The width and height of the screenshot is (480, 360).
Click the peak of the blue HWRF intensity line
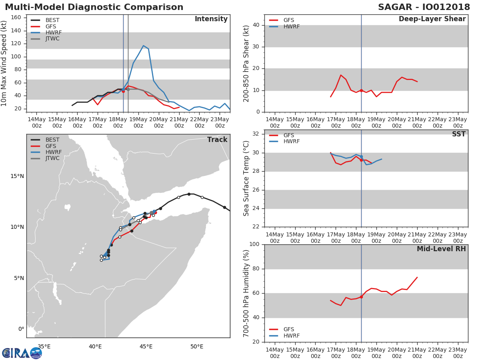click(x=144, y=46)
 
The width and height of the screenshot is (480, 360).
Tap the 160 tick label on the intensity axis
click(x=16, y=18)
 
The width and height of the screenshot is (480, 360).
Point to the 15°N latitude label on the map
click(x=17, y=176)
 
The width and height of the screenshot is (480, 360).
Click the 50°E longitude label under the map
click(x=196, y=346)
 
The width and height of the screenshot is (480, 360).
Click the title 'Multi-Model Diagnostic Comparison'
click(x=94, y=7)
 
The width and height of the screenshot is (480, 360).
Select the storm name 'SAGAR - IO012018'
click(x=424, y=7)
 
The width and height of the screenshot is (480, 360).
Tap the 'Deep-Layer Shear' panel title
click(x=432, y=19)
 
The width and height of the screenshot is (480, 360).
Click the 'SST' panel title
click(x=458, y=134)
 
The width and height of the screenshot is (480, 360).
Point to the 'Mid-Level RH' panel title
click(x=441, y=249)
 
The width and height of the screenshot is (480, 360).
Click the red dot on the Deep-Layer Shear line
click(x=361, y=90)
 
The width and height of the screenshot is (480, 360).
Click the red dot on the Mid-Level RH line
click(x=361, y=297)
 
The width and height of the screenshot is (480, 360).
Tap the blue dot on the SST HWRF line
click(x=361, y=156)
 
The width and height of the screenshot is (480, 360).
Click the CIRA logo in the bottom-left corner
click(x=22, y=353)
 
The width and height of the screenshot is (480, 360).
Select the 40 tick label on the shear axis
click(x=256, y=25)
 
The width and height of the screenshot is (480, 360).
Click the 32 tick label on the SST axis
click(x=256, y=134)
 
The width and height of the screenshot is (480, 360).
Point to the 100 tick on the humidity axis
click(x=254, y=244)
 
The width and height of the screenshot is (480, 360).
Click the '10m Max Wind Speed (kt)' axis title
click(x=4, y=63)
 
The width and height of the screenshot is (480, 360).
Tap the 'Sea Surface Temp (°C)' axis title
click(x=246, y=178)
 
